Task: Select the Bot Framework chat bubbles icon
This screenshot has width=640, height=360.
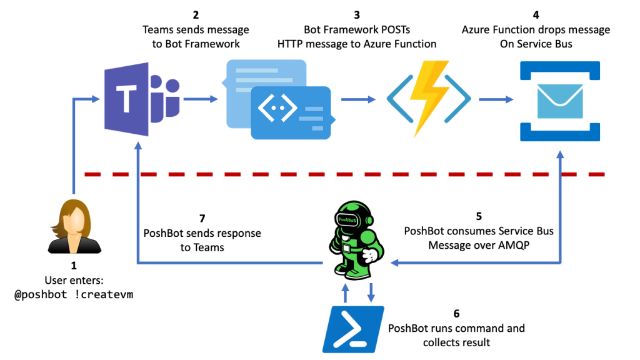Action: click(x=279, y=99)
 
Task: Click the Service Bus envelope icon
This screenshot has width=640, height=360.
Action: click(x=560, y=101)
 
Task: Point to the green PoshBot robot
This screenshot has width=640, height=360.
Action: click(x=356, y=240)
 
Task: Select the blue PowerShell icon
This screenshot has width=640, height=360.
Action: click(x=354, y=329)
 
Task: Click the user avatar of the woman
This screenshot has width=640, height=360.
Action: click(x=74, y=226)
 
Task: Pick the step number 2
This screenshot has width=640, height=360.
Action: click(x=196, y=15)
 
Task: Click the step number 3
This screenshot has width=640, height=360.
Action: click(x=357, y=15)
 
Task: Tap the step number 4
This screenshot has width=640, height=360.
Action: click(x=536, y=15)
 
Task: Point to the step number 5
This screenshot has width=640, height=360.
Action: click(x=479, y=216)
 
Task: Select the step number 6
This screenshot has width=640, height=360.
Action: click(x=456, y=314)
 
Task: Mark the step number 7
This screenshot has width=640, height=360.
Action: click(x=202, y=219)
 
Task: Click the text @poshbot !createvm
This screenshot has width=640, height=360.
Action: click(x=74, y=295)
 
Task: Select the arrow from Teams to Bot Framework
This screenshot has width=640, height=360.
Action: click(x=201, y=99)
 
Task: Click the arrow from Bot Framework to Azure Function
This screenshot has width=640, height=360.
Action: click(x=358, y=99)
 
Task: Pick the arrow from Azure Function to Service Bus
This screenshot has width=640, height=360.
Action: click(x=496, y=99)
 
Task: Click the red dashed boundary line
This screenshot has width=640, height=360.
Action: click(x=344, y=174)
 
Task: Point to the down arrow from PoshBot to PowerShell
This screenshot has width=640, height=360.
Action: click(x=371, y=292)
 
